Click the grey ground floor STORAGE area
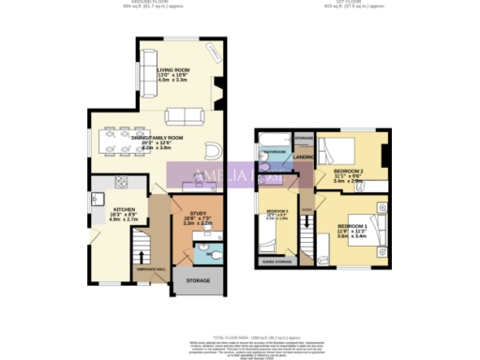pyautogui.click(x=198, y=279)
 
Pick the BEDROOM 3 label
pyautogui.click(x=278, y=213)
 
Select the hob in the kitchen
pyautogui.click(x=97, y=200)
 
